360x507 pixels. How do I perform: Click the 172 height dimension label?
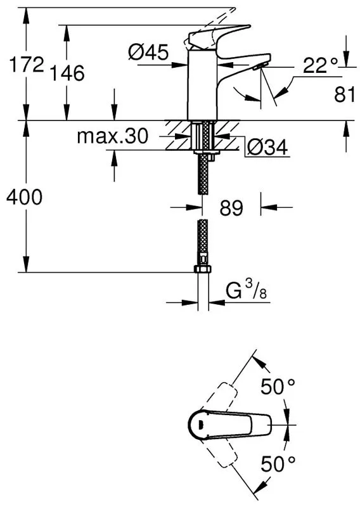tap(27, 64)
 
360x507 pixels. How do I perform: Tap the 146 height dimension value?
tap(67, 73)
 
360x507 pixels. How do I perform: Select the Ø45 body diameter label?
tap(148, 52)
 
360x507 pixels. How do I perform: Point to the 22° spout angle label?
tap(321, 66)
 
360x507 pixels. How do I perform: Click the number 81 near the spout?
tap(345, 94)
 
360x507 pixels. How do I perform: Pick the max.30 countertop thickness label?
tap(113, 136)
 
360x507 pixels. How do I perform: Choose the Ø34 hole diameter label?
tap(267, 148)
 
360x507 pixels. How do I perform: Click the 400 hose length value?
tap(24, 197)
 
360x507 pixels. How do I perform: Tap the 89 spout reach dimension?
tap(231, 208)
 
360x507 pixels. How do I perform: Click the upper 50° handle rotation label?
tap(278, 387)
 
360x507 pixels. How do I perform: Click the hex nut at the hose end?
tap(203, 269)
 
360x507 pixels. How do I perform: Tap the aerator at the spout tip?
tap(260, 66)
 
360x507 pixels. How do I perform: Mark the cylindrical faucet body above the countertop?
tap(202, 85)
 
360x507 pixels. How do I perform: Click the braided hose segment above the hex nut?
tap(203, 237)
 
